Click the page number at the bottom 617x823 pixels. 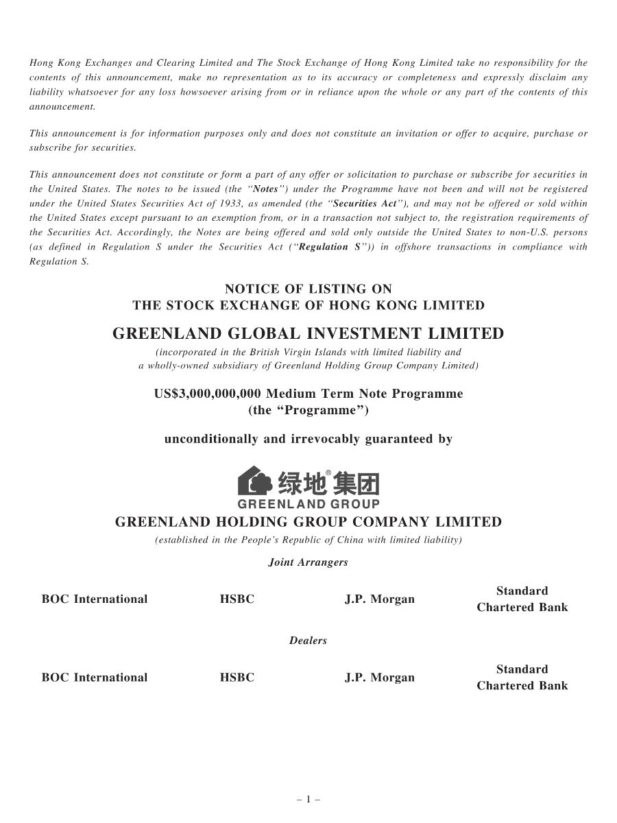(x=308, y=799)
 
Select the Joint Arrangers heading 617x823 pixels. (x=308, y=562)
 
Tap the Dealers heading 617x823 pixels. (x=308, y=641)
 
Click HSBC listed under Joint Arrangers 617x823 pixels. (x=237, y=599)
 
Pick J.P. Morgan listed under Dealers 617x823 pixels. (x=379, y=678)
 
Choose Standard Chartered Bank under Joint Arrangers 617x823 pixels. (x=522, y=599)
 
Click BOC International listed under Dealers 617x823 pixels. (x=95, y=678)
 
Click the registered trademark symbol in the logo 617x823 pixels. (x=328, y=473)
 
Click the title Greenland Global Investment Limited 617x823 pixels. (x=308, y=334)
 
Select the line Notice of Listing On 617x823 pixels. (x=308, y=289)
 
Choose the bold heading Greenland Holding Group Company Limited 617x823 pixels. (x=308, y=522)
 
